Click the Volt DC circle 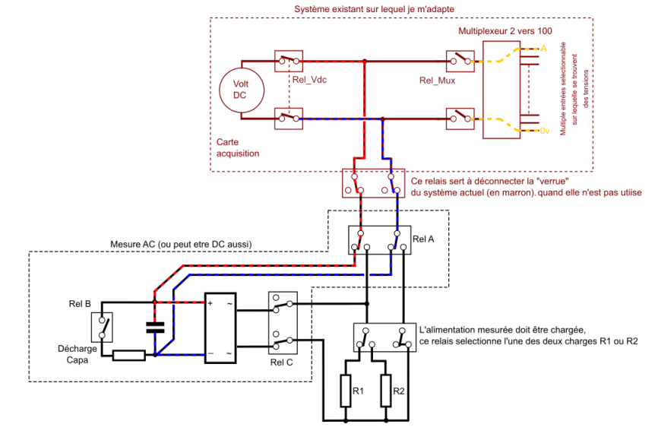pyautogui.click(x=239, y=89)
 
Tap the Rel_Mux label pyautogui.click(x=437, y=79)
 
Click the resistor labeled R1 pyautogui.click(x=346, y=391)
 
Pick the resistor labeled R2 pyautogui.click(x=388, y=391)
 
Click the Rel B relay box pyautogui.click(x=102, y=327)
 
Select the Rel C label pyautogui.click(x=282, y=362)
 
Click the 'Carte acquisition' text pyautogui.click(x=238, y=147)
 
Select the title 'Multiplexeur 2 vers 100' pyautogui.click(x=505, y=31)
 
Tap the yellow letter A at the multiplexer pyautogui.click(x=543, y=48)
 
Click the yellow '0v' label pyautogui.click(x=544, y=131)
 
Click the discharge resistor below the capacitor pyautogui.click(x=129, y=355)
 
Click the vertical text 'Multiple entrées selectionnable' pyautogui.click(x=563, y=89)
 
